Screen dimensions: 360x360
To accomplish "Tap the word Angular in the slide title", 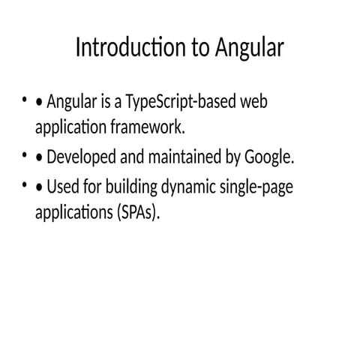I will (x=249, y=49).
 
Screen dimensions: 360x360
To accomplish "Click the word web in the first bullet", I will (x=253, y=102).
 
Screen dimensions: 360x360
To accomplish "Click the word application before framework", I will (x=67, y=127).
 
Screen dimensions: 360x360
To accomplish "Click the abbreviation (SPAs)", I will (x=139, y=212).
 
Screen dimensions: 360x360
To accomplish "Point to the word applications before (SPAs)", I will (x=72, y=212).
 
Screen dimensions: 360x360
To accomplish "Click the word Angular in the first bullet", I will (x=72, y=102).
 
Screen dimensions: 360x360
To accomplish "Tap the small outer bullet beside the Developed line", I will (x=25, y=155).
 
